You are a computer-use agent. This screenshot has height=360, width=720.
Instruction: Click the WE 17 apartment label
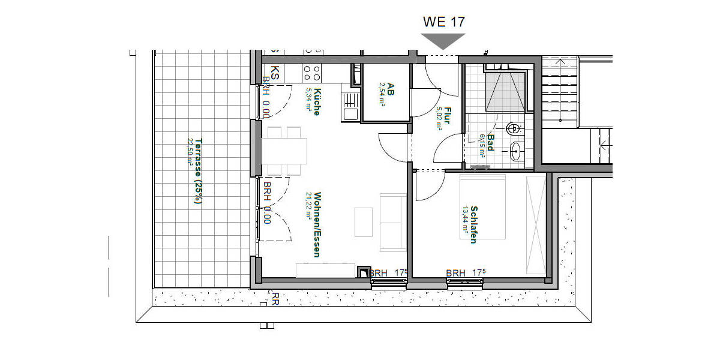[x=443, y=22]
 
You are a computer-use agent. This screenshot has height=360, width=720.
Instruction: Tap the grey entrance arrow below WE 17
[x=443, y=40]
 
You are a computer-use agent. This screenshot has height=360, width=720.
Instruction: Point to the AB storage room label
[x=390, y=89]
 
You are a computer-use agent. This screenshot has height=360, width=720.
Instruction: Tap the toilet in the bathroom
[x=514, y=128]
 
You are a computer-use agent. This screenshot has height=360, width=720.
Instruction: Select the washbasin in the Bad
[x=515, y=151]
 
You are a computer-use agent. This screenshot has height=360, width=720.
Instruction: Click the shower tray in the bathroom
[x=505, y=91]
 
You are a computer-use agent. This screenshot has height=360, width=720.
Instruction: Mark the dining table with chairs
[x=284, y=151]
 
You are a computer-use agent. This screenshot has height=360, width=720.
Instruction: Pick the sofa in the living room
[x=393, y=222]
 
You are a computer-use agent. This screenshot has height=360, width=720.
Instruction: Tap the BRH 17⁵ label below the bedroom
[x=464, y=273]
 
